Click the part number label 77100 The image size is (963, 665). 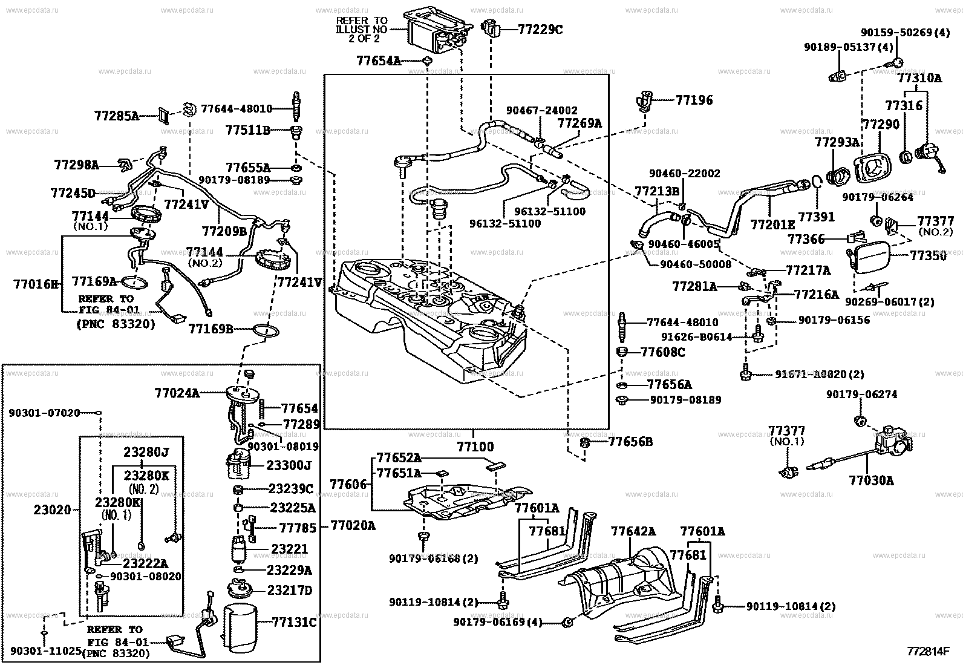pyautogui.click(x=475, y=447)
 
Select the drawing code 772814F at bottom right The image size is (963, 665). pyautogui.click(x=928, y=652)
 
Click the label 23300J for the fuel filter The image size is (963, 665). pyautogui.click(x=290, y=465)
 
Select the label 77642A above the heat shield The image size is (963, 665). pyautogui.click(x=633, y=532)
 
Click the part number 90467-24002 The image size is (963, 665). pyautogui.click(x=541, y=111)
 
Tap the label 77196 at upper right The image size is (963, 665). pyautogui.click(x=694, y=100)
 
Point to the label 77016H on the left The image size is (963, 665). pyautogui.click(x=36, y=283)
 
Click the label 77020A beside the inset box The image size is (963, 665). pyautogui.click(x=352, y=526)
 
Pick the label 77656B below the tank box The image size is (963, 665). pyautogui.click(x=630, y=442)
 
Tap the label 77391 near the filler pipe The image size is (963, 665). pyautogui.click(x=816, y=216)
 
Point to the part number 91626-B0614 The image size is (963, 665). pyautogui.click(x=696, y=337)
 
